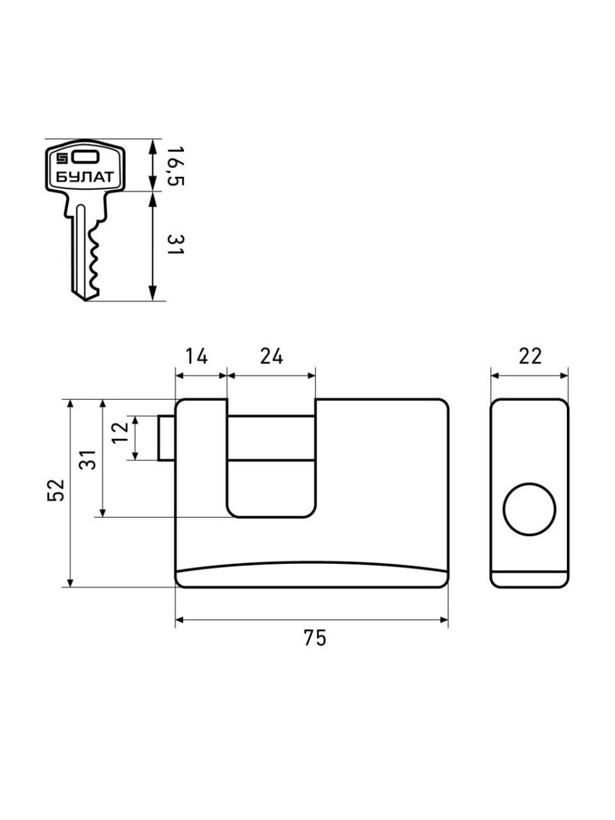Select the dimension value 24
coord(272,356)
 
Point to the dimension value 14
coord(197,356)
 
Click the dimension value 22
coord(530,356)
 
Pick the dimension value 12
coord(120,438)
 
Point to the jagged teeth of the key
coord(96,259)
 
